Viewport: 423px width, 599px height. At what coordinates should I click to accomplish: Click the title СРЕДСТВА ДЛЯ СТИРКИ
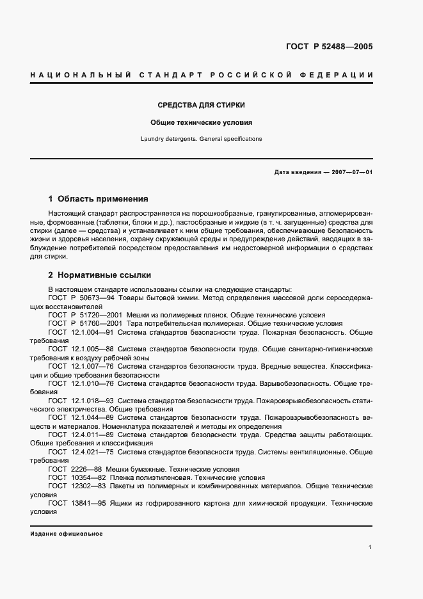click(x=202, y=104)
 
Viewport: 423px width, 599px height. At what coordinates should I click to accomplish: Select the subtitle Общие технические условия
click(x=202, y=122)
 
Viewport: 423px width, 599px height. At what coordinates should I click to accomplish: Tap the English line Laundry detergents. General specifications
click(x=202, y=138)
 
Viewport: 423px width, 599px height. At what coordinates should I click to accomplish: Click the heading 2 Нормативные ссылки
click(x=100, y=275)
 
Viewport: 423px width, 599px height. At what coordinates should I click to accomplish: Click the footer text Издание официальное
click(x=66, y=534)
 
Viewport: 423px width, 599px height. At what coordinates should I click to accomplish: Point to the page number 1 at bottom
click(x=371, y=547)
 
